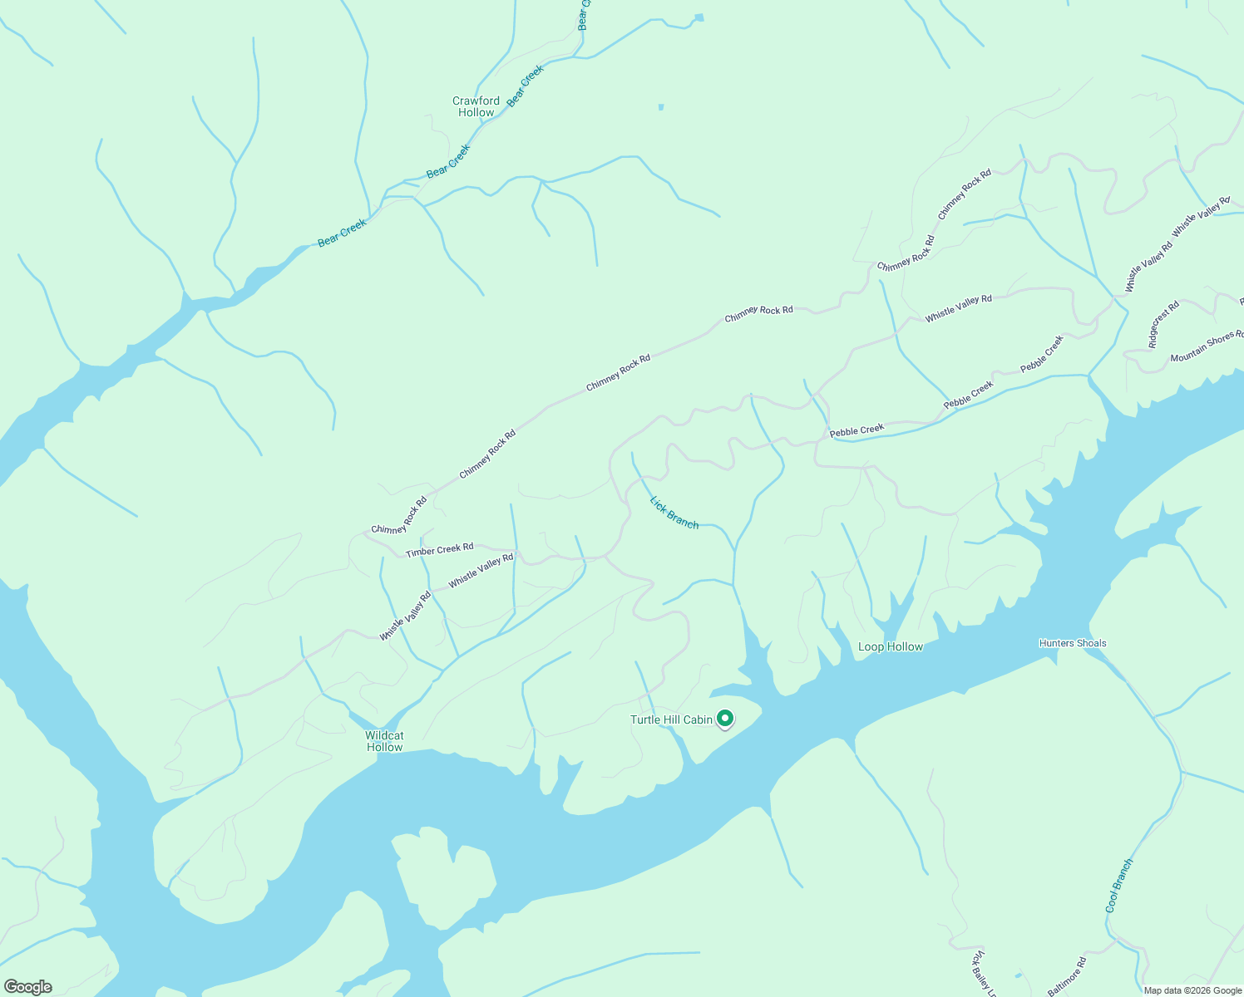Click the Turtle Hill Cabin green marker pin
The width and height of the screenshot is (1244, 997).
[x=724, y=718]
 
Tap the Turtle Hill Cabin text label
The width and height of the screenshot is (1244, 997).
[x=671, y=720]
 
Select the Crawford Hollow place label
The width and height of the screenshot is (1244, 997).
[x=476, y=106]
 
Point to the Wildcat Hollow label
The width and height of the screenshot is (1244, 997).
[x=384, y=741]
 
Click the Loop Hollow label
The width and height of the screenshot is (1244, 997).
[x=890, y=646]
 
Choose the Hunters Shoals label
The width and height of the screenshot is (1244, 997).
[x=1072, y=643]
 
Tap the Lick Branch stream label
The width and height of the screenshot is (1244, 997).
[x=674, y=512]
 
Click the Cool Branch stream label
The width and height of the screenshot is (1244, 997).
[x=1119, y=886]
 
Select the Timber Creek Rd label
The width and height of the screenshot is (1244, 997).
[x=439, y=549]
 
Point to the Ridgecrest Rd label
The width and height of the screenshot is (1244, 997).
[x=1163, y=324]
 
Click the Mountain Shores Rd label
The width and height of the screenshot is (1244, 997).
[x=1206, y=346]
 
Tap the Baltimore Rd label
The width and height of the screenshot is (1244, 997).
[x=1067, y=977]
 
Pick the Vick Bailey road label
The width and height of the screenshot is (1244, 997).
[x=984, y=973]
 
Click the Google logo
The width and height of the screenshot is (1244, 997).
[x=28, y=987]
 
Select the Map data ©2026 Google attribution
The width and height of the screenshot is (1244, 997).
[x=1192, y=990]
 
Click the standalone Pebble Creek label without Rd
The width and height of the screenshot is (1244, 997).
[x=856, y=430]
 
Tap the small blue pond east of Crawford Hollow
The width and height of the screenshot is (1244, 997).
[x=661, y=106]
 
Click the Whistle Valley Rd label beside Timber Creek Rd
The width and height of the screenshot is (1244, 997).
[x=481, y=571]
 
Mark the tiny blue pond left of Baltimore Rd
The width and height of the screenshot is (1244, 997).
[x=1018, y=975]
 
